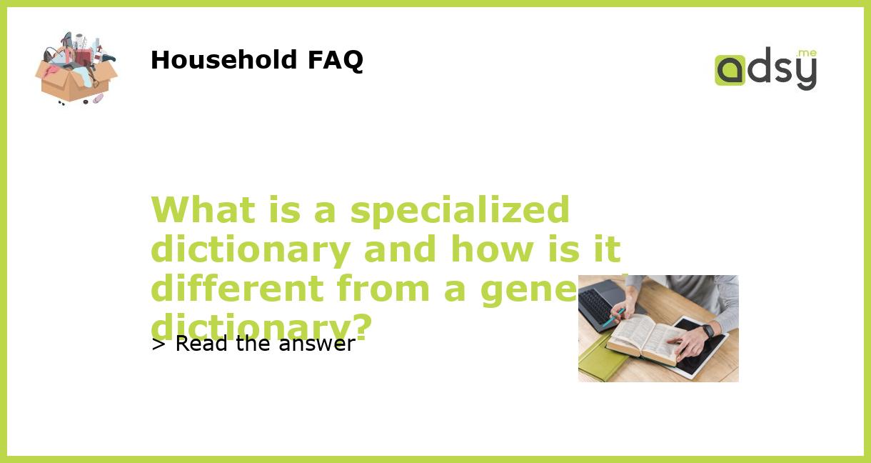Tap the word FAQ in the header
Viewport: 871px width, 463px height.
click(335, 60)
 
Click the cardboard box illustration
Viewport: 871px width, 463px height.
click(75, 80)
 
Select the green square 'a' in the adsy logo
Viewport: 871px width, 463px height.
click(730, 71)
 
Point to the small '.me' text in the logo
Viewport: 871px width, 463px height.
click(806, 53)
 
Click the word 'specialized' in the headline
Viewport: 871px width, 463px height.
click(460, 210)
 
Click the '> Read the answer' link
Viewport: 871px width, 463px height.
click(253, 344)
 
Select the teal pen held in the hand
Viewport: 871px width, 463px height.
click(612, 319)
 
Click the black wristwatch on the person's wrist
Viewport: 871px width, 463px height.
click(708, 331)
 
